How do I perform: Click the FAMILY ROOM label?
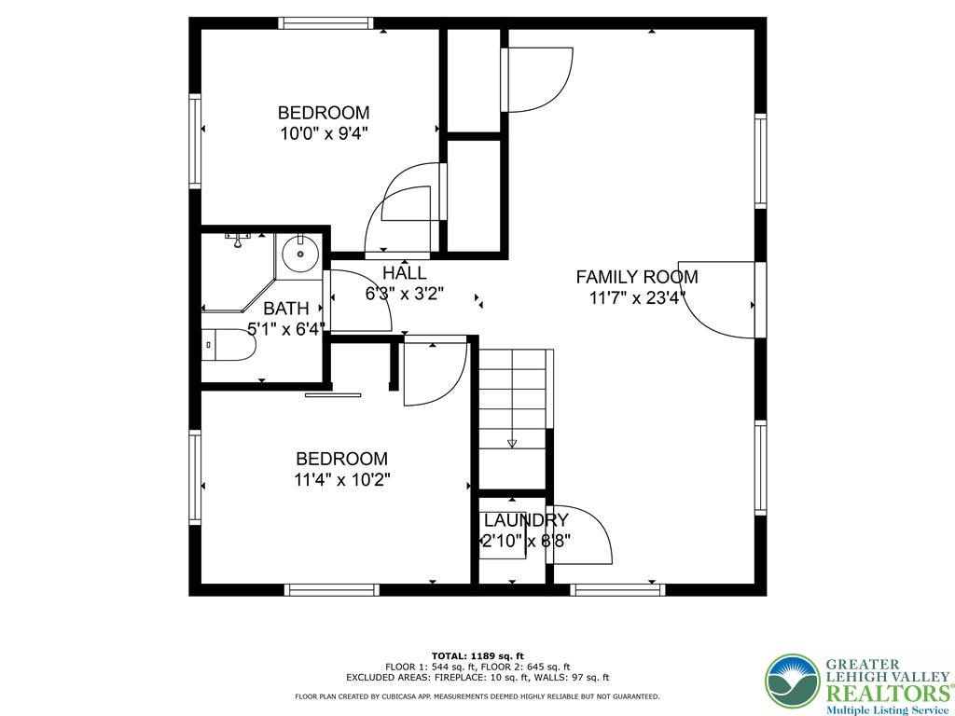636,277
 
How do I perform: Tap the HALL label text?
404,273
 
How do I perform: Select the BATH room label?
285,309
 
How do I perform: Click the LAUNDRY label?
525,520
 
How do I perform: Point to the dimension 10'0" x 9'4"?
324,133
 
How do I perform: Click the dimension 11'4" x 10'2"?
341,480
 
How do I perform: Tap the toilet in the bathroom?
228,346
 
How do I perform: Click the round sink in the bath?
300,253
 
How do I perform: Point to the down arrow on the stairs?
511,444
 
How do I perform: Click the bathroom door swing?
359,301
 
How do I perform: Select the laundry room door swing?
582,535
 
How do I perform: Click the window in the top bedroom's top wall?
326,23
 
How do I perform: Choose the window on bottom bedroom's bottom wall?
331,589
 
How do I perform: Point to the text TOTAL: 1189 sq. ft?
477,655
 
